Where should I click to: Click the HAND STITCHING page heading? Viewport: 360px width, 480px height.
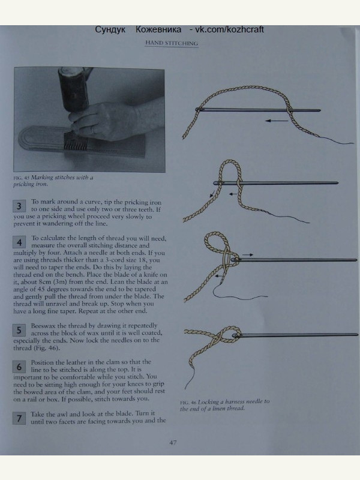(172, 43)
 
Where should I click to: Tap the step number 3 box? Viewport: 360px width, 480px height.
(19, 206)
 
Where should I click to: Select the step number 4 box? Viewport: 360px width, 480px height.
(19, 242)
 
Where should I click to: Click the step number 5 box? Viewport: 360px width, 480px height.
(19, 331)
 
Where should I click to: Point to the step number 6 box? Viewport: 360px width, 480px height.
(19, 367)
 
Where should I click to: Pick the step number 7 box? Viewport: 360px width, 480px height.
(19, 418)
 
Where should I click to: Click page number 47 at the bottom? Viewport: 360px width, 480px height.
(173, 442)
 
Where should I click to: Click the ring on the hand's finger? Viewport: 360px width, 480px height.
(93, 130)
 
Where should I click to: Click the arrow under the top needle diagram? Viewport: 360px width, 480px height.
(277, 121)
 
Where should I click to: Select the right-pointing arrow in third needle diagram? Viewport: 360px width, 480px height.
(248, 254)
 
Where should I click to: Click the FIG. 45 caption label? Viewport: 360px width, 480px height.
(21, 178)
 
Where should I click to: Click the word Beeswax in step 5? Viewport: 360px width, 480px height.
(43, 326)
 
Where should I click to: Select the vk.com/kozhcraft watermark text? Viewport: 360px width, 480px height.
(229, 29)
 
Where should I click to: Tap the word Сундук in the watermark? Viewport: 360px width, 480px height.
(110, 29)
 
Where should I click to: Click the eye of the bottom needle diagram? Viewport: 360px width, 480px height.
(236, 335)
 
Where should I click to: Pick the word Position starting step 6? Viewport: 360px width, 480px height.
(42, 362)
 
